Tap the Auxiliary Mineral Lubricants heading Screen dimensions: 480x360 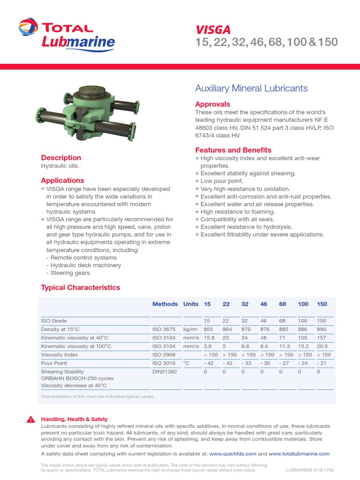tap(251, 88)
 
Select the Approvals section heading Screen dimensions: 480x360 tap(212, 104)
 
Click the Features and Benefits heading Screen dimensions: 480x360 tap(233, 150)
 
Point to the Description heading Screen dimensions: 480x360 tap(61, 157)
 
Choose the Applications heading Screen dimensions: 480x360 tap(62, 180)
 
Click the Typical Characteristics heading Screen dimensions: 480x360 tap(80, 287)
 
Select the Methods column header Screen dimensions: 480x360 tap(165, 304)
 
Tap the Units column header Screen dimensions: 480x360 tap(191, 304)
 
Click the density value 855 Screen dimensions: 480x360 tap(208, 329)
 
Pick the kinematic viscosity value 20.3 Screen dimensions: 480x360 tap(322, 346)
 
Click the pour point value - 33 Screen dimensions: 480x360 tap(246, 363)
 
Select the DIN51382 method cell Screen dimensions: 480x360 tap(165, 371)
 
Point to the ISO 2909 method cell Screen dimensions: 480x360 tap(164, 354)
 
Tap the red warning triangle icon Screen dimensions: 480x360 tap(30, 420)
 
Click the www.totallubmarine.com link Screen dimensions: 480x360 tap(299, 454)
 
